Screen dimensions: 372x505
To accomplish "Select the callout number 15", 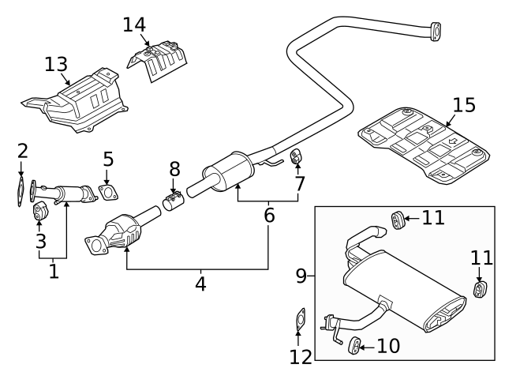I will [x=466, y=105].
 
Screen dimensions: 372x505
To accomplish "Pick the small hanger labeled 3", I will [x=40, y=211].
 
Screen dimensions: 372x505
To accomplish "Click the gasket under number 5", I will [x=108, y=192].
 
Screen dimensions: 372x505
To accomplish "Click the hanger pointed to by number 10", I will [x=354, y=344].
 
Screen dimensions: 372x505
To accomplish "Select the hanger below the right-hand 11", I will [x=479, y=289].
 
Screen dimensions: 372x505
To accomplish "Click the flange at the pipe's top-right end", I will [x=433, y=30].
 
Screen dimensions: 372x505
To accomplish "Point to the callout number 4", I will [x=200, y=284].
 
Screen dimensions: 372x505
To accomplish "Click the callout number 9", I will [x=301, y=276].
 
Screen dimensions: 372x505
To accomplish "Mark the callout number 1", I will [x=53, y=271].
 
